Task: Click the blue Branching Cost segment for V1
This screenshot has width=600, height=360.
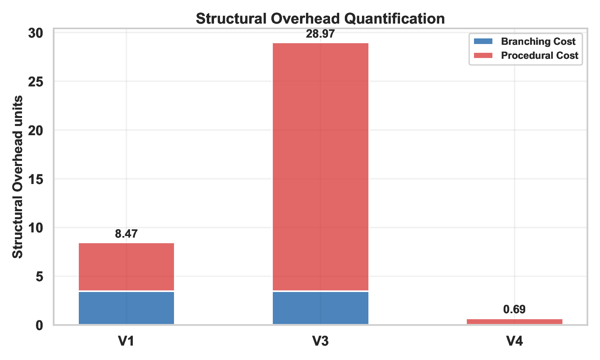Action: (x=126, y=308)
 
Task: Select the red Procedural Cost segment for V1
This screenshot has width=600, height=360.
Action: (x=126, y=266)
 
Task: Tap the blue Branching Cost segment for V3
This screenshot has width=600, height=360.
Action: (x=320, y=308)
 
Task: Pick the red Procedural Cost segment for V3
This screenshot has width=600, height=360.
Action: (x=320, y=166)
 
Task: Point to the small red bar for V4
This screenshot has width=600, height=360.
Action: (x=514, y=322)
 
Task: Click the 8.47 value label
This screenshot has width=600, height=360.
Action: (x=126, y=234)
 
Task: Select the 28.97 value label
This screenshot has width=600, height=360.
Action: (x=320, y=34)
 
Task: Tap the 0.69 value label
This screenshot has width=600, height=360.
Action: (x=514, y=309)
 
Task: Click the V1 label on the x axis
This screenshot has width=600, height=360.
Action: (x=126, y=341)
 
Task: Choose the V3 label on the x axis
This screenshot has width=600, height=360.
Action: (x=320, y=341)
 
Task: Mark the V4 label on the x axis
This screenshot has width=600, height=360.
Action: (x=514, y=341)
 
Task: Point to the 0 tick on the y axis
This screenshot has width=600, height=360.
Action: (x=40, y=325)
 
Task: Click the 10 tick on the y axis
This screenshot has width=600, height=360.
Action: (x=36, y=228)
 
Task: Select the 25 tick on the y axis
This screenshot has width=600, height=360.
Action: (x=36, y=82)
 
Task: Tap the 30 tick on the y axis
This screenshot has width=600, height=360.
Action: (x=36, y=33)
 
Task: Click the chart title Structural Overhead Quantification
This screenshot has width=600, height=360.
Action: (x=320, y=19)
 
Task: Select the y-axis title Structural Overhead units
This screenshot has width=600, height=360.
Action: (x=17, y=177)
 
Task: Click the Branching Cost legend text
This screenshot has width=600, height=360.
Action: (x=538, y=42)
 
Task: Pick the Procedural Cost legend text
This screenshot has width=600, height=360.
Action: (x=540, y=56)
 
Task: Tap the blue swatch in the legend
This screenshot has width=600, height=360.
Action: (x=483, y=42)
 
